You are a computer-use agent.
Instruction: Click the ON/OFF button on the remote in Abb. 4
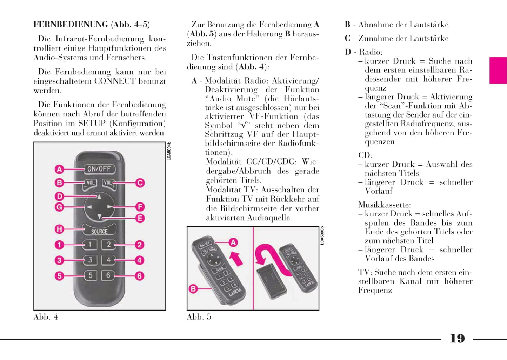[x=99, y=169]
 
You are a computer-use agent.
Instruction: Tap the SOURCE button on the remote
[x=99, y=231]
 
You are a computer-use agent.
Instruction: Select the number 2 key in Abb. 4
[x=109, y=245]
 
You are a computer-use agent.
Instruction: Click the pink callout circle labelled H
[x=59, y=229]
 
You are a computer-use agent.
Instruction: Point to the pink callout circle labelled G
[x=59, y=207]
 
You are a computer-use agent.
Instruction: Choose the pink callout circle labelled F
[x=140, y=207]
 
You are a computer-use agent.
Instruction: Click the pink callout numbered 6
[x=140, y=276]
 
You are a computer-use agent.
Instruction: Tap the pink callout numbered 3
[x=59, y=260]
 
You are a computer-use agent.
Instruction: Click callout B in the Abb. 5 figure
[x=193, y=289]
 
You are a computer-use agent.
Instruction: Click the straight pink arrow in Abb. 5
[x=236, y=259]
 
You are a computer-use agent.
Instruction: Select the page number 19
[x=457, y=339]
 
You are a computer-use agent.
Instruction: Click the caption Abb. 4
[x=46, y=317]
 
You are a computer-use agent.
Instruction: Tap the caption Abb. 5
[x=199, y=317]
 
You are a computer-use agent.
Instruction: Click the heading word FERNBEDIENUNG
[x=71, y=25]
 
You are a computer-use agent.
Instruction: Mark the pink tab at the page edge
[x=498, y=70]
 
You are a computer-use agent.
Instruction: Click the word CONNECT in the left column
[x=115, y=81]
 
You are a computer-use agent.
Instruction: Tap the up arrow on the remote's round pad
[x=99, y=196]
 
